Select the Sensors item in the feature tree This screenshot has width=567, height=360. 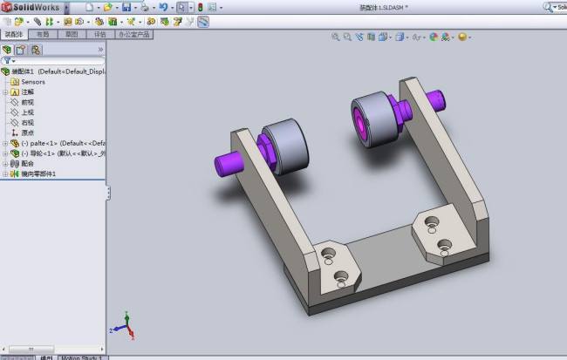32,82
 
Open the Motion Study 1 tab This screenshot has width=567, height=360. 82,357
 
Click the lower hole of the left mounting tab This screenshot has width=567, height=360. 341,280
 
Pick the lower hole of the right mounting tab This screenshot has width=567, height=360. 444,246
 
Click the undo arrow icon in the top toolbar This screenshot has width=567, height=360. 163,7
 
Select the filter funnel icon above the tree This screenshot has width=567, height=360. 7,61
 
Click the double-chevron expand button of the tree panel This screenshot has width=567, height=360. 100,50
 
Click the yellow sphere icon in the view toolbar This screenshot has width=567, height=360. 461,37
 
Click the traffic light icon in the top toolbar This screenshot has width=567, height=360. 200,7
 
